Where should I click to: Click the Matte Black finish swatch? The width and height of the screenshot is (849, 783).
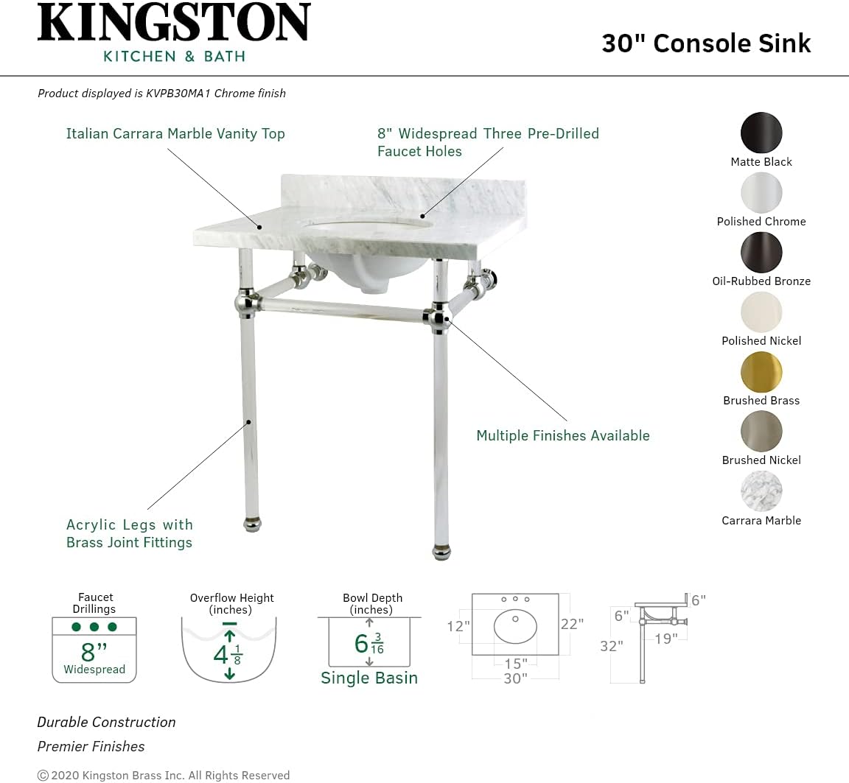click(761, 133)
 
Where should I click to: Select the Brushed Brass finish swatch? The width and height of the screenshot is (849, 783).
click(761, 372)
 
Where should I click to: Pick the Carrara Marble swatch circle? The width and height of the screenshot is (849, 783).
click(761, 491)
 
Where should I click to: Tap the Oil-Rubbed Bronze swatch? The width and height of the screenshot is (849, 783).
click(761, 253)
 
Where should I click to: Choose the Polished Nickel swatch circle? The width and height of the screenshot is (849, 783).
click(761, 312)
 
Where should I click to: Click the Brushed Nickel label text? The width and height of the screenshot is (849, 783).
click(761, 460)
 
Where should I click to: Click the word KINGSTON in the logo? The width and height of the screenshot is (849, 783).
click(174, 24)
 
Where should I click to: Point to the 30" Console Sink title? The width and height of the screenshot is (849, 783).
click(706, 43)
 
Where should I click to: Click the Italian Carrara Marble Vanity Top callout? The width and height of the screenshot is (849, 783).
click(175, 134)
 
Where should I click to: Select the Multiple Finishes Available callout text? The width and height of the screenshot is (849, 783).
click(563, 436)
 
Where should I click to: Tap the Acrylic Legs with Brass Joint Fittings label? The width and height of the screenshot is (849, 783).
click(130, 533)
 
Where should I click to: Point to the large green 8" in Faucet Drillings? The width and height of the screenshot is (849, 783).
click(94, 652)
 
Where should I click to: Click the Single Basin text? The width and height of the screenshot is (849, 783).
click(369, 678)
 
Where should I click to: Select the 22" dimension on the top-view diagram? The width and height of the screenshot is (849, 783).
click(572, 624)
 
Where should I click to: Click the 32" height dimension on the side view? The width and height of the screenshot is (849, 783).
click(611, 646)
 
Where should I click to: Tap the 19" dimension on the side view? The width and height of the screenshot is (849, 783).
click(665, 639)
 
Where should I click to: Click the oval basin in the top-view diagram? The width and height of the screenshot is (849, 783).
click(516, 626)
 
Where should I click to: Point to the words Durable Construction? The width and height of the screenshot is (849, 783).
click(107, 723)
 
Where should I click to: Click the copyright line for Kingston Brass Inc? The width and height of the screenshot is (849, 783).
click(164, 775)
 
